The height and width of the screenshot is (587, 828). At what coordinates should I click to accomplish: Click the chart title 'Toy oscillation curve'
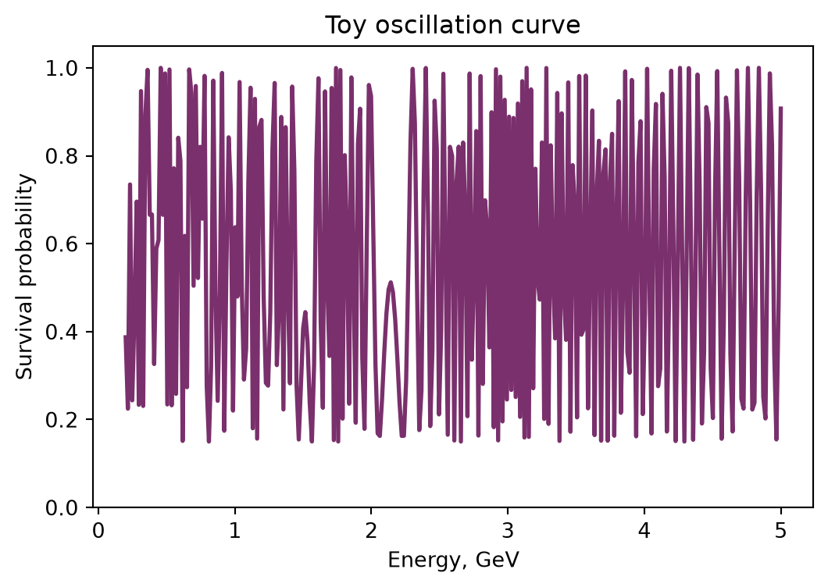452,25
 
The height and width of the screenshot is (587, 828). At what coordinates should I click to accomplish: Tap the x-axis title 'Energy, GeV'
454,560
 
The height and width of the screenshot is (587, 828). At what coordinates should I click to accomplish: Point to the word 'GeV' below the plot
498,559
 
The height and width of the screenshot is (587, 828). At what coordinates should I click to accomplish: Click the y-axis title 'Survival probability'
24,277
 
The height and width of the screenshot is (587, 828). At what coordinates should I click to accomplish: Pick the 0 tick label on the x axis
98,531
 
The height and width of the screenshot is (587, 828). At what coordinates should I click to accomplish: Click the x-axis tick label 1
234,531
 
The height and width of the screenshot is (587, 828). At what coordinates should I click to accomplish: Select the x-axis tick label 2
371,531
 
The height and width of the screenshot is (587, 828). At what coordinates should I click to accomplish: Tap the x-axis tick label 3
508,531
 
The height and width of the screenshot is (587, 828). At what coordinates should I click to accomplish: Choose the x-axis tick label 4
644,531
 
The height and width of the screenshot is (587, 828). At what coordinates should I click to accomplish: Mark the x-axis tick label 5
781,531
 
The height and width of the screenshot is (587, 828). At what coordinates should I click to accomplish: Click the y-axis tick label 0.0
62,508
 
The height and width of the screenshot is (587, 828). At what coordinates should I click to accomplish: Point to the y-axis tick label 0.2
62,420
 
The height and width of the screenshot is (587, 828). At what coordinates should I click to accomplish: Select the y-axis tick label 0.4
62,333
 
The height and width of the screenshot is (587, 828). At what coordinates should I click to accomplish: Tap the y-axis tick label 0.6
62,244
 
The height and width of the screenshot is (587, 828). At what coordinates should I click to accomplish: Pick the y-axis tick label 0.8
62,157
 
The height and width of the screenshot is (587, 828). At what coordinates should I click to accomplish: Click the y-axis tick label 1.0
62,69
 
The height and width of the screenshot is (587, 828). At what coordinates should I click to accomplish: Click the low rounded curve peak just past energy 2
391,283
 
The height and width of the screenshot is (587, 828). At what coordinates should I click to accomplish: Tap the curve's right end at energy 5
781,108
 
